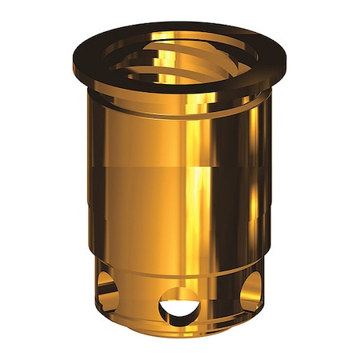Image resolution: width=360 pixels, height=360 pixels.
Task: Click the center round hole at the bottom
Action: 180,305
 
